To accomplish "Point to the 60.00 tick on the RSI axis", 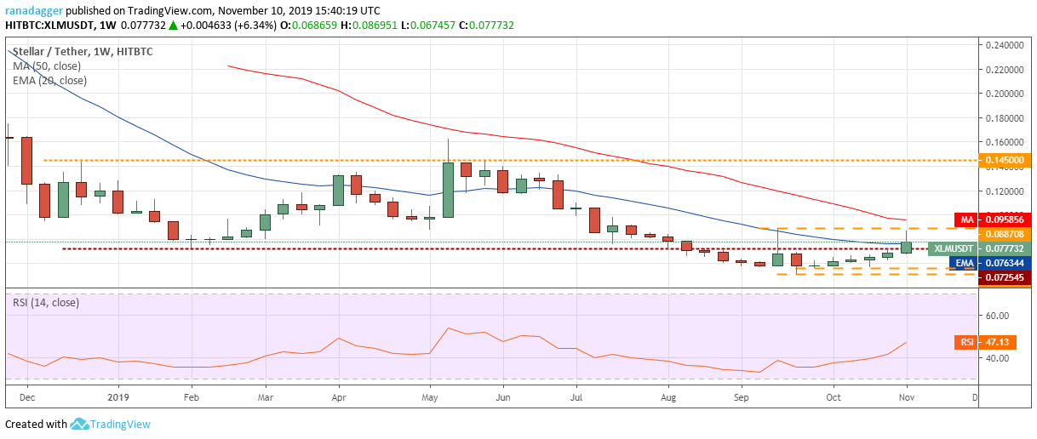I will pyautogui.click(x=998, y=315).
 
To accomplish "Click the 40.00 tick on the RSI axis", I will pyautogui.click(x=998, y=358).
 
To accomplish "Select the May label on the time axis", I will pyautogui.click(x=429, y=396).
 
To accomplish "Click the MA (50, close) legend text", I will pyautogui.click(x=49, y=66).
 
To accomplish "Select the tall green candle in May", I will pyautogui.click(x=448, y=189).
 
